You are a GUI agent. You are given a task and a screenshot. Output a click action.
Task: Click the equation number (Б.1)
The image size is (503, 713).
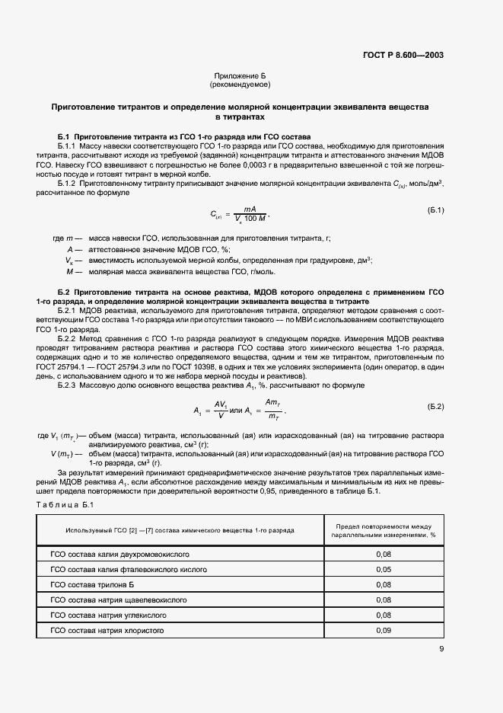pos(436,209)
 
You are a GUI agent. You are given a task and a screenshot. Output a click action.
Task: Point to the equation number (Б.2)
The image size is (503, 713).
pos(436,406)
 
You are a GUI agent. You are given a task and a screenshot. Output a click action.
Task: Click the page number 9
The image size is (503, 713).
pos(441,649)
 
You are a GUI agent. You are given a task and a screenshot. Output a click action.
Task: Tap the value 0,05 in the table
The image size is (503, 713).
pos(384,569)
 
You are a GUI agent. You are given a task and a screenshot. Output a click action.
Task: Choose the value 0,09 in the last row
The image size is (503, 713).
pos(384,631)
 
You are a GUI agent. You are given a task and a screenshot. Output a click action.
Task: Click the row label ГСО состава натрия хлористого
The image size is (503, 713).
pos(107,631)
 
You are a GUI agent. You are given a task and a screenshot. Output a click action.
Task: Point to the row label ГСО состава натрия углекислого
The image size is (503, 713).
pos(109,615)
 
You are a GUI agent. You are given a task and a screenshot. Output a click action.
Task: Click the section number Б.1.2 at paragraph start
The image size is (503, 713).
pos(70,185)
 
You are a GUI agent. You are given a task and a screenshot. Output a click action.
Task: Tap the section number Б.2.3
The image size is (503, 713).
pos(70,385)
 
